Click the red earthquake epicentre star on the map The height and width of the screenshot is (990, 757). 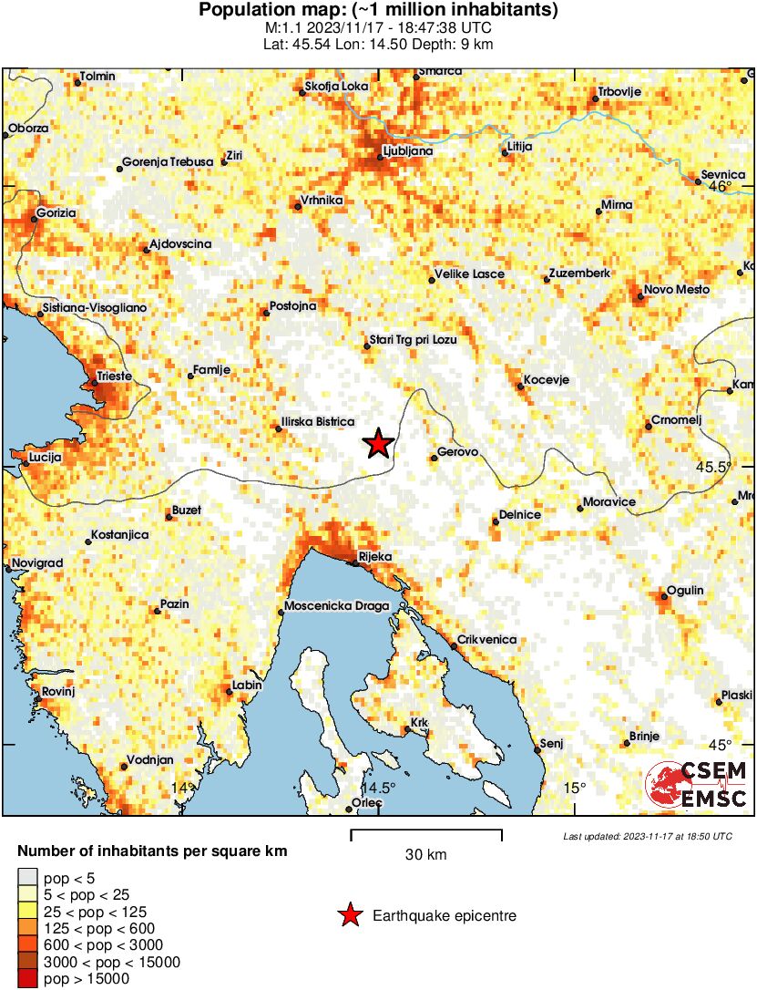tap(378, 444)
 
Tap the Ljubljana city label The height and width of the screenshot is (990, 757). tap(408, 150)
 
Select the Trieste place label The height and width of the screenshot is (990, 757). tap(114, 376)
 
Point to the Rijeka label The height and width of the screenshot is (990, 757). tap(374, 556)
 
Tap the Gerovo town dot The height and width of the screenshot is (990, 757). tap(434, 458)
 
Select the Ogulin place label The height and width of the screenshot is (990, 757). tap(685, 591)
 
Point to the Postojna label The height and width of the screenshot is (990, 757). tap(293, 306)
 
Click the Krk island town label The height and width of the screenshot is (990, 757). tap(419, 723)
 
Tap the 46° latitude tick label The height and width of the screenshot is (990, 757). tap(721, 187)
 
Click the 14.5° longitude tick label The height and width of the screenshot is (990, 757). tap(379, 789)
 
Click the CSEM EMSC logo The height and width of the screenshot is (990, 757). tap(697, 785)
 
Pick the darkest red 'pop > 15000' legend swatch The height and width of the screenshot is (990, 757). tap(28, 979)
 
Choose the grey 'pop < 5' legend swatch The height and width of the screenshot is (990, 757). tap(28, 878)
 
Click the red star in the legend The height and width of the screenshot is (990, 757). tap(348, 915)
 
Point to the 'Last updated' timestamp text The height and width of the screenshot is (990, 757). tap(647, 836)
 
